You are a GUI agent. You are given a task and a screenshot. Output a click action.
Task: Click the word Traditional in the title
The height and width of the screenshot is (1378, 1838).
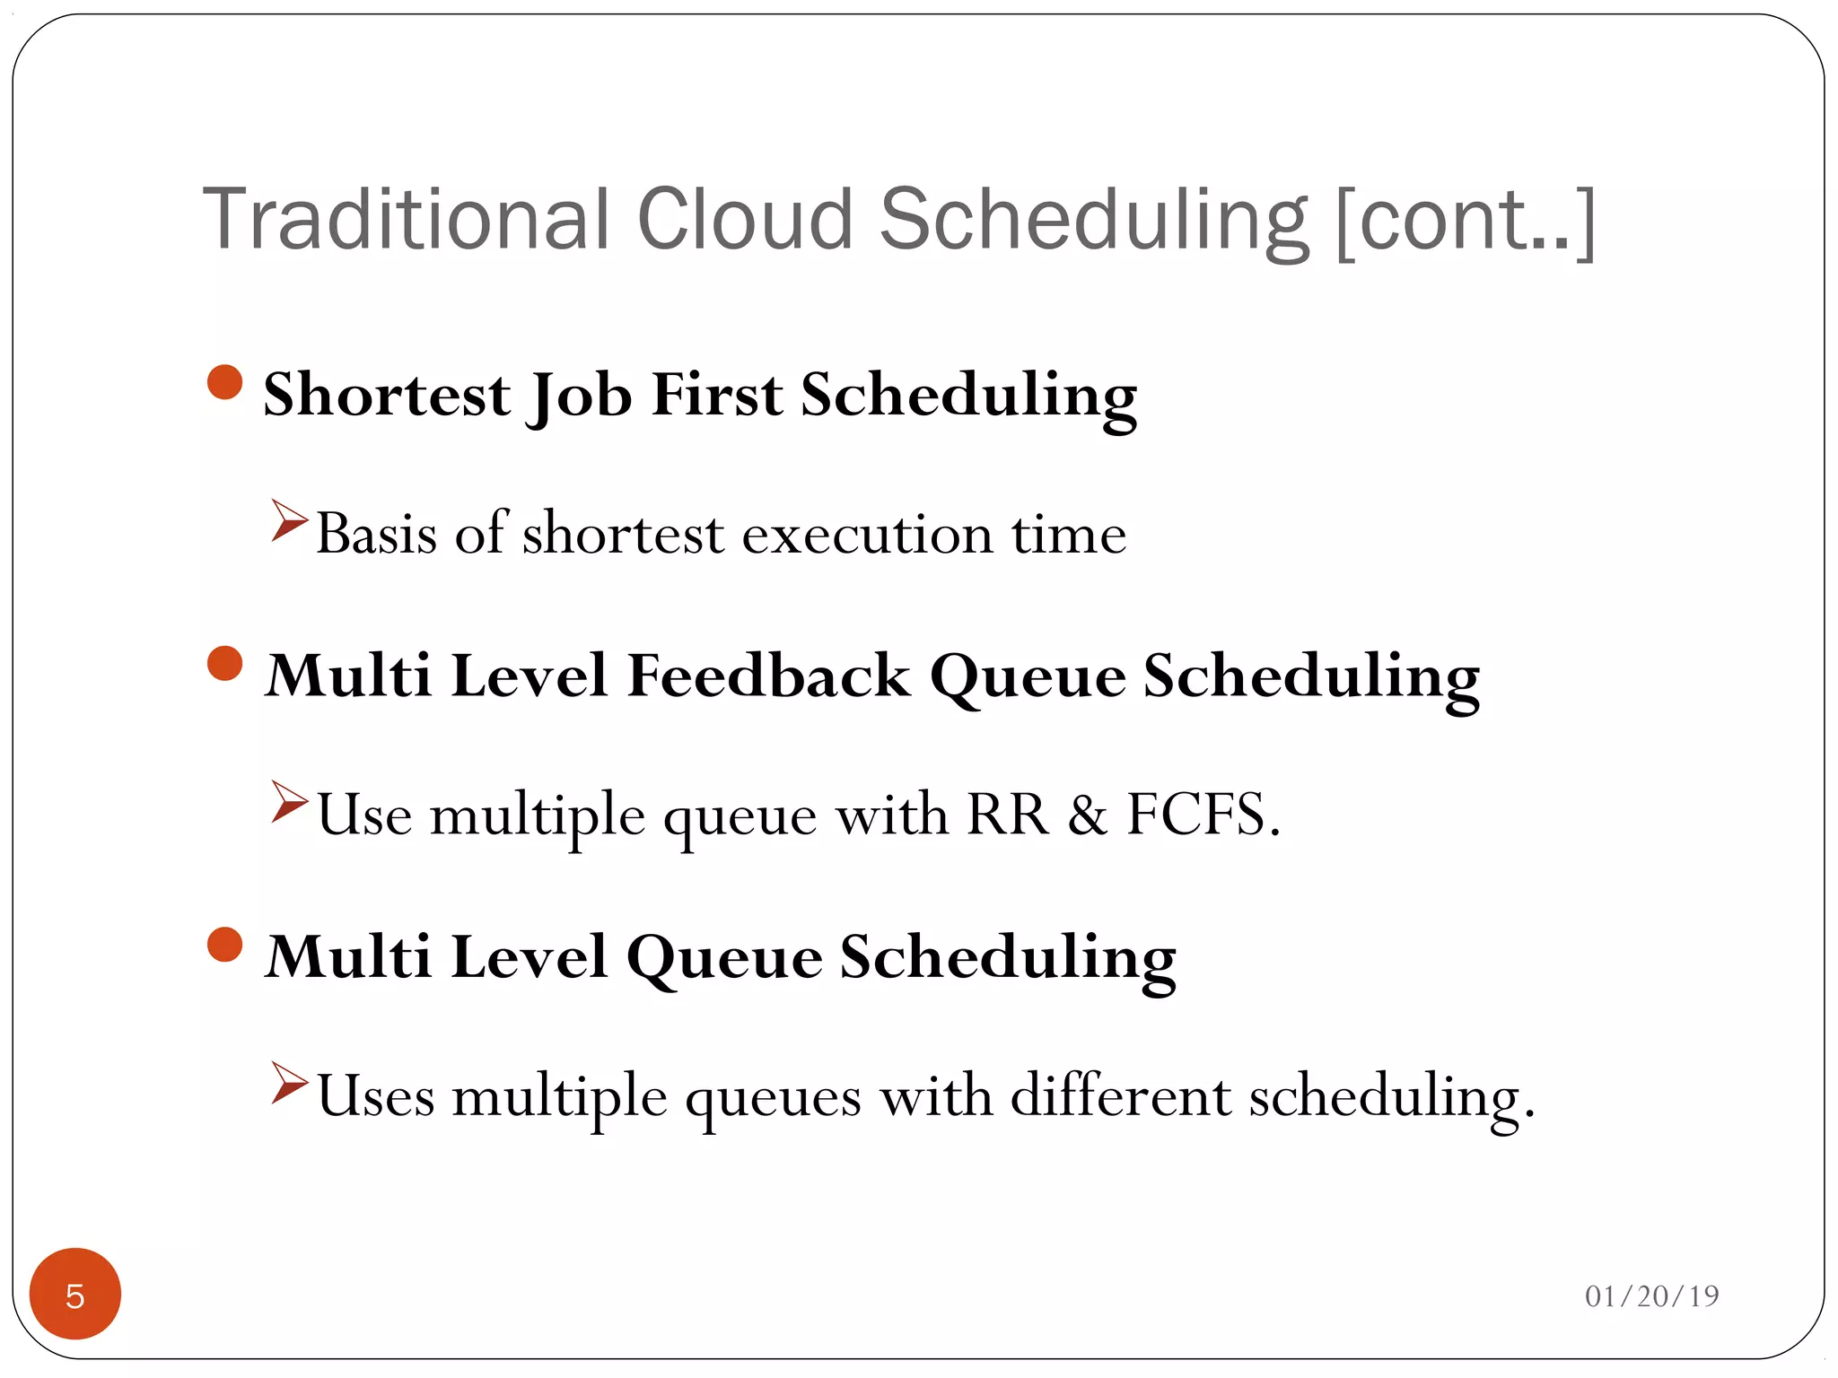[x=407, y=220]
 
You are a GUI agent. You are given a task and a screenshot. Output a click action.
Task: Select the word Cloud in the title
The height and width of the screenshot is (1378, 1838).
[x=744, y=220]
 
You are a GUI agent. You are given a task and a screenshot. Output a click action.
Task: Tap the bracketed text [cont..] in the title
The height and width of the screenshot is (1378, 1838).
[x=1465, y=222]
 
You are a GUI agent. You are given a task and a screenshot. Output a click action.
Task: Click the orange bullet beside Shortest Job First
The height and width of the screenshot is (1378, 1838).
[x=224, y=382]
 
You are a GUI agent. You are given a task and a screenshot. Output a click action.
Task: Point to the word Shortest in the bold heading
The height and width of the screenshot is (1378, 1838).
[x=387, y=395]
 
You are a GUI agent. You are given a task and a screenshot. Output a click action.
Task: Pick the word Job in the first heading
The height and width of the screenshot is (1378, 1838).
[x=580, y=395]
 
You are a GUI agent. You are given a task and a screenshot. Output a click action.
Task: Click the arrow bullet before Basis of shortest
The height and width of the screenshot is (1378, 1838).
[x=289, y=521]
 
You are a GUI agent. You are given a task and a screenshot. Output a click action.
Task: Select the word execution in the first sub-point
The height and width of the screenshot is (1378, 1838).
[x=867, y=536]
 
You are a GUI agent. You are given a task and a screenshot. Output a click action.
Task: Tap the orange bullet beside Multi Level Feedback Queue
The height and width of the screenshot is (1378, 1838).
[x=224, y=664]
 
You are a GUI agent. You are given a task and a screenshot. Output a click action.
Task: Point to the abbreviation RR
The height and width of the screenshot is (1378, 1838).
[x=1006, y=815]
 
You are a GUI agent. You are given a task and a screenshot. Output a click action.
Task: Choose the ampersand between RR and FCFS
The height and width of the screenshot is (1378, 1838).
[x=1088, y=815]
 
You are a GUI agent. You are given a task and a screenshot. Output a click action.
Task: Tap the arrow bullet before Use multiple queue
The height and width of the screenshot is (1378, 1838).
[x=289, y=802]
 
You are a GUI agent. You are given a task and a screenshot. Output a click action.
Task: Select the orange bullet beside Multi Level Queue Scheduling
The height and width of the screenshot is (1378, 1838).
[x=224, y=945]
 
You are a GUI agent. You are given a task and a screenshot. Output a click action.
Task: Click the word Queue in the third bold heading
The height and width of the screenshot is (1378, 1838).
[x=723, y=958]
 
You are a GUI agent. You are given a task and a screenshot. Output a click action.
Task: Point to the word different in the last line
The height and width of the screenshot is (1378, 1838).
[x=1120, y=1095]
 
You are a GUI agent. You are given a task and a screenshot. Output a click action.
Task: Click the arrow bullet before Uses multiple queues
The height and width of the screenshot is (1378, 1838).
[x=289, y=1083]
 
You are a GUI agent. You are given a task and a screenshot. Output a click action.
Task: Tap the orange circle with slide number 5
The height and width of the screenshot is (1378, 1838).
[x=75, y=1294]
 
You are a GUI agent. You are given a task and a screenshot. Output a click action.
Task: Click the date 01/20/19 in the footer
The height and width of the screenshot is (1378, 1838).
[x=1651, y=1296]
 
